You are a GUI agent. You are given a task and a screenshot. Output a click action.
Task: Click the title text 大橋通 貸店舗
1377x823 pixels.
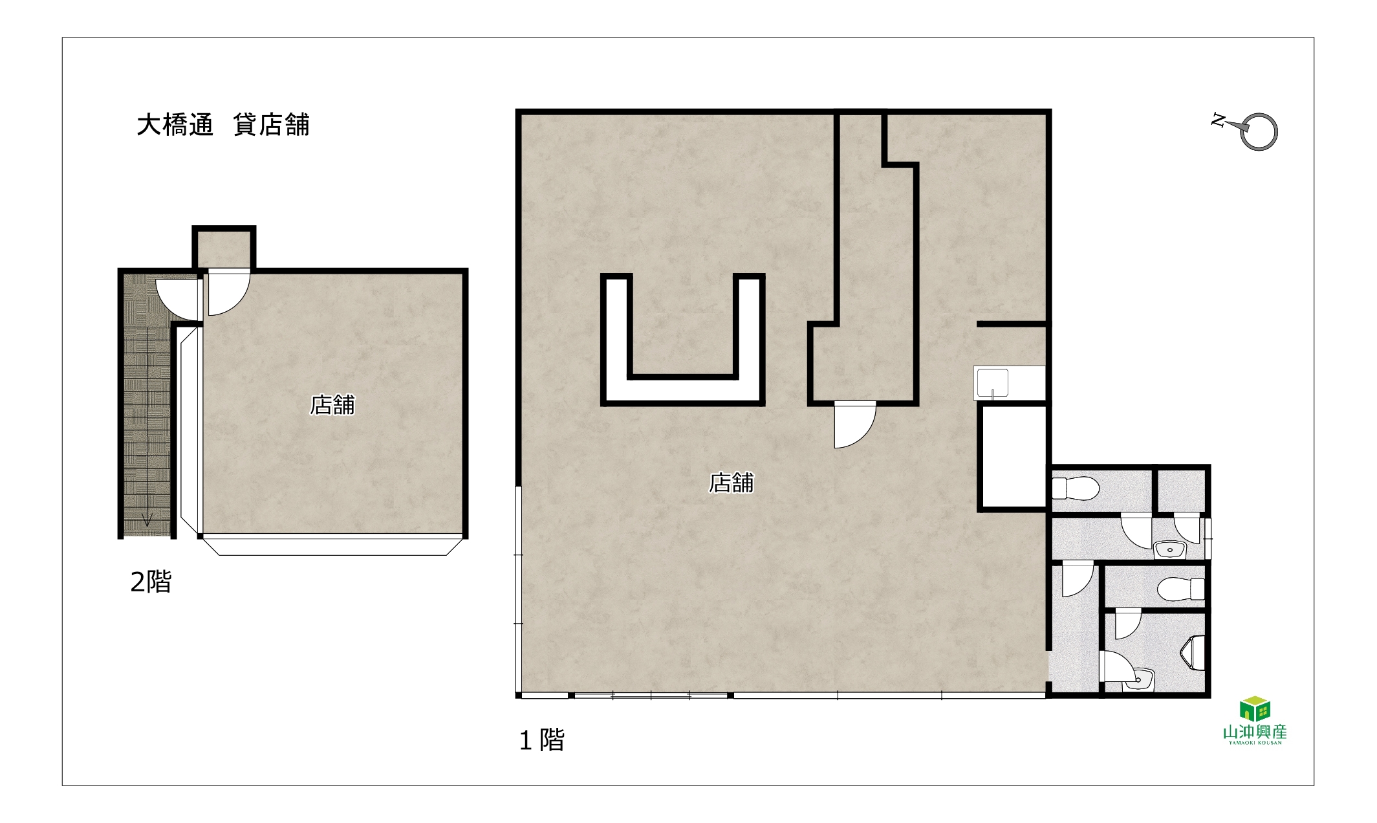click(x=223, y=125)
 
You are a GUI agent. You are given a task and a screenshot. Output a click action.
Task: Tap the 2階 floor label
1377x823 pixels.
click(x=151, y=582)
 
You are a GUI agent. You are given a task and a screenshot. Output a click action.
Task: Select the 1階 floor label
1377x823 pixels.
click(x=542, y=740)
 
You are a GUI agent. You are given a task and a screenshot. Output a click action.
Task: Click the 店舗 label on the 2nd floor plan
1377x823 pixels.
click(x=332, y=405)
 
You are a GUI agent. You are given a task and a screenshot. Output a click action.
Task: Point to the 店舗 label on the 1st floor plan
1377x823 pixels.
click(x=732, y=483)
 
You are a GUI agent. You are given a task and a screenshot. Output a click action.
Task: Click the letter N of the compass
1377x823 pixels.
click(x=1219, y=120)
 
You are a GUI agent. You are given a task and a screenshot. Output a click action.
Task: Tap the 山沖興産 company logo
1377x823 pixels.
click(x=1255, y=721)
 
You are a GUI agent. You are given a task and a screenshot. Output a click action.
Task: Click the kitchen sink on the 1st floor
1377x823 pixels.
click(x=992, y=383)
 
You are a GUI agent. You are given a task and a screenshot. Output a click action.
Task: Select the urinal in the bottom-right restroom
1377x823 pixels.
click(x=1194, y=652)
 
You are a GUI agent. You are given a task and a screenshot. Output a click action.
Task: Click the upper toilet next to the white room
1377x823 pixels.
click(x=1076, y=488)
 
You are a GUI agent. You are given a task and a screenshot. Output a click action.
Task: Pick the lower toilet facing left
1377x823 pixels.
click(x=1180, y=589)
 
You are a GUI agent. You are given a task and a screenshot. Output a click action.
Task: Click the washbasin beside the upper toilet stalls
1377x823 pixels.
click(x=1169, y=550)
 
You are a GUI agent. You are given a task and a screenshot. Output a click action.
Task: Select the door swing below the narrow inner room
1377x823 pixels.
click(x=854, y=425)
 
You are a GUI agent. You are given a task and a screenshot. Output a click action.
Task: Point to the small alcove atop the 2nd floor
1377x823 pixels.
click(x=224, y=248)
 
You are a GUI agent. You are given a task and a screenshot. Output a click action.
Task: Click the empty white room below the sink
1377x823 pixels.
click(x=1012, y=457)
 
